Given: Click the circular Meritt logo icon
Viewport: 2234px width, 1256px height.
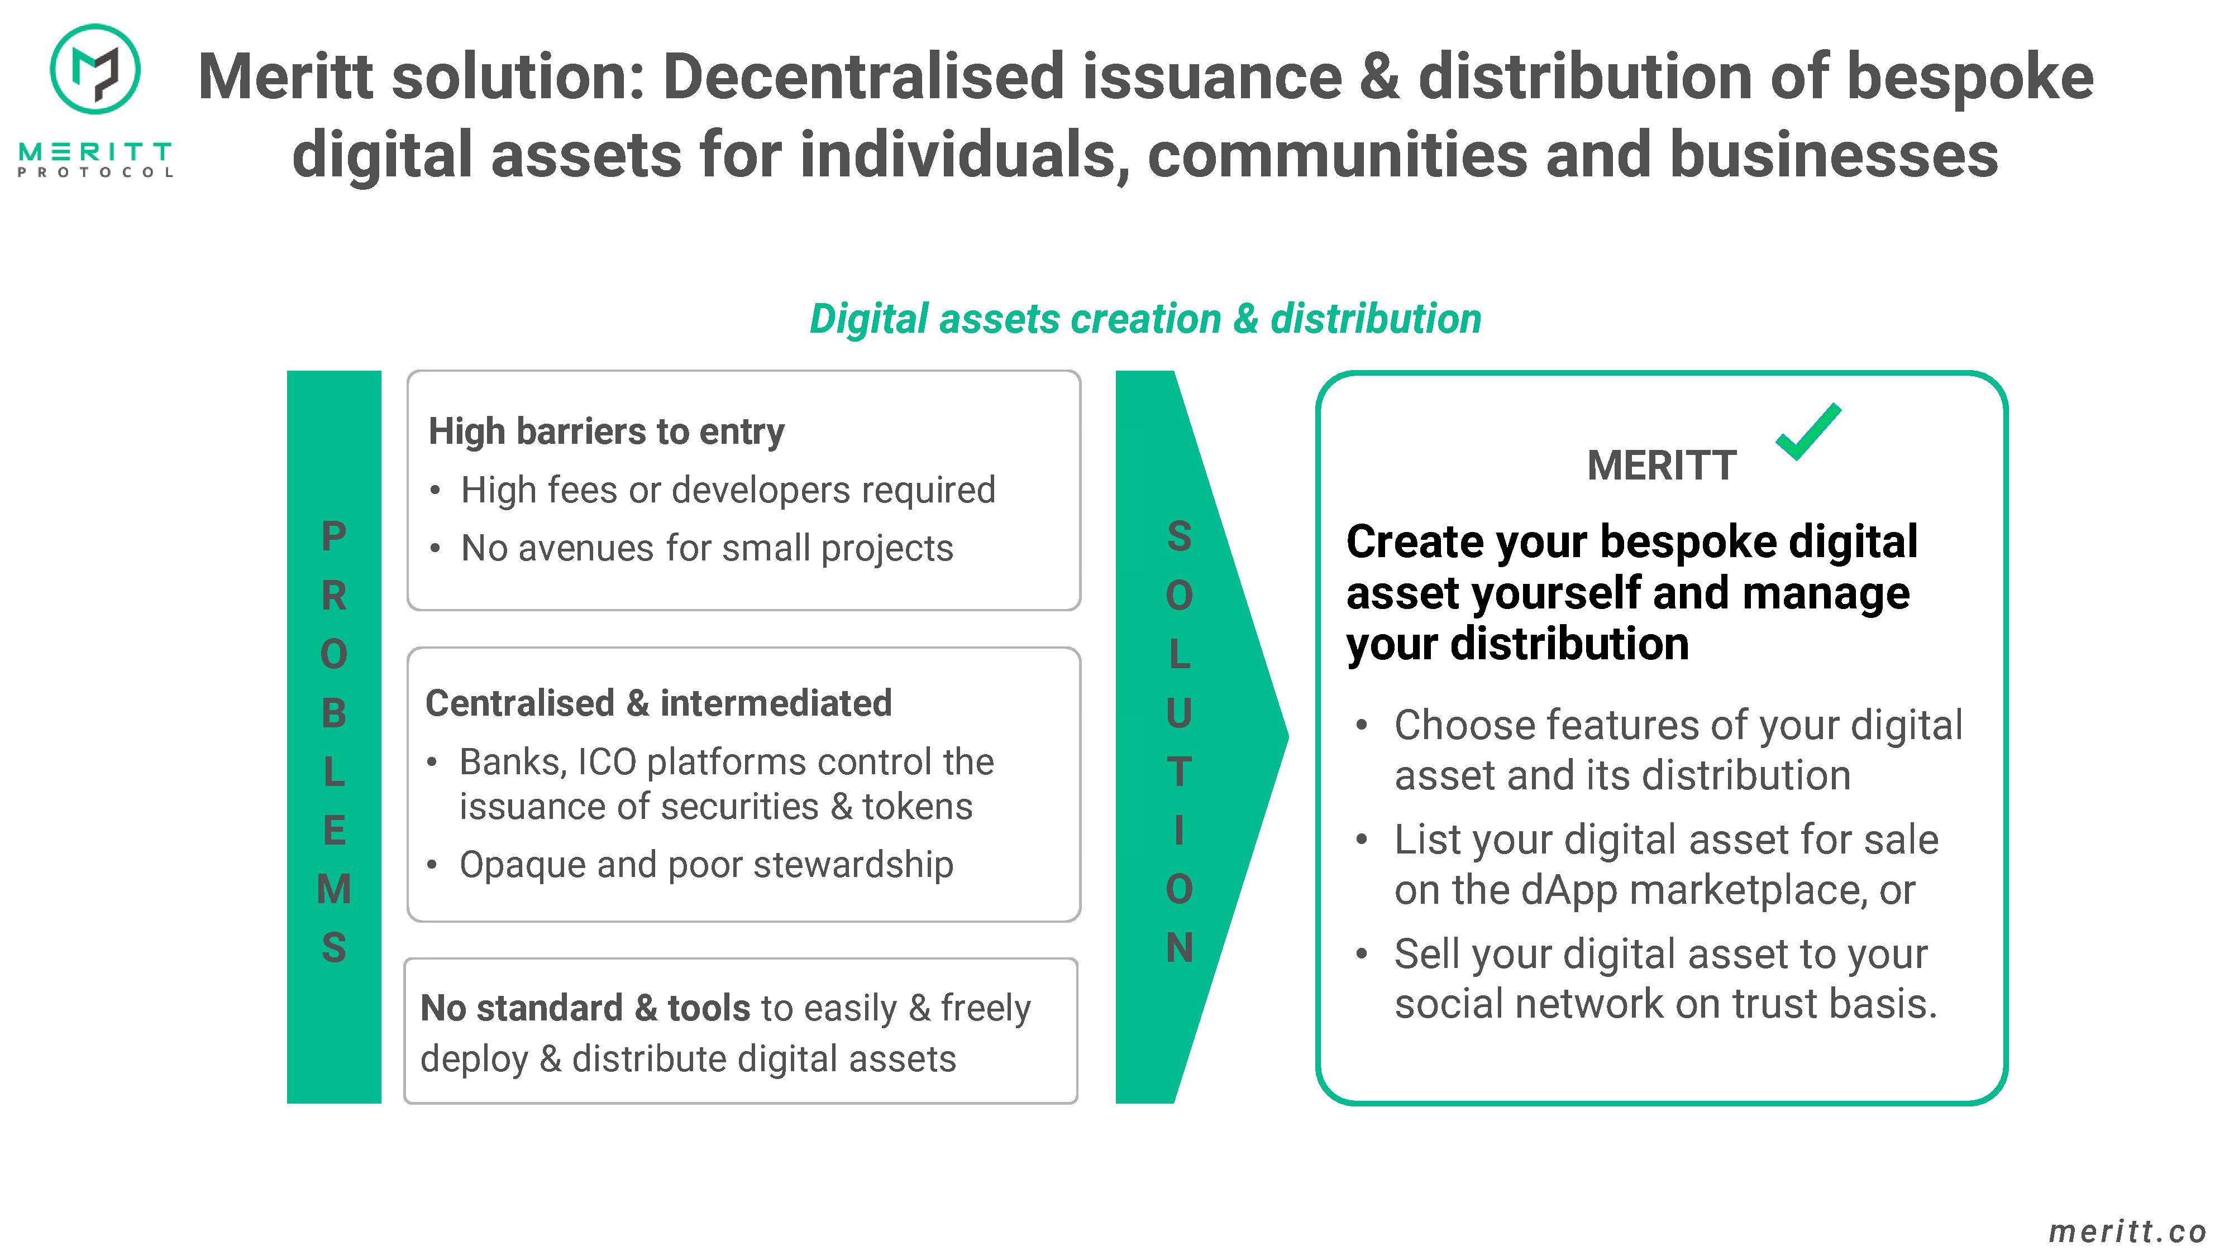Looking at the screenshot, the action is point(96,69).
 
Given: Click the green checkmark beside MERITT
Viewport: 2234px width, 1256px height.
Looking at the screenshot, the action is point(1808,432).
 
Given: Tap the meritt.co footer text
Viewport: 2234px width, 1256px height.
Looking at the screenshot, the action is point(2127,1231).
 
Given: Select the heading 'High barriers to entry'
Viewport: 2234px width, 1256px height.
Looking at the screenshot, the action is point(606,432).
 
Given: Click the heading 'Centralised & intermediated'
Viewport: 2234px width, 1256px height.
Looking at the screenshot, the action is point(658,703).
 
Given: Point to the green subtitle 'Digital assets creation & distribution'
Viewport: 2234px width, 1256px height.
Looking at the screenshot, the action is point(1145,319).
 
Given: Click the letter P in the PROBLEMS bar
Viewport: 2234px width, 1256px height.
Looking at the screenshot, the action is point(334,536).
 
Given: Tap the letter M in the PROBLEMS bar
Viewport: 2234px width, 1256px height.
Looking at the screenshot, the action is point(334,889).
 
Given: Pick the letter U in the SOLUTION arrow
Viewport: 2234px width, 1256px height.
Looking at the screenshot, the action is point(1178,712).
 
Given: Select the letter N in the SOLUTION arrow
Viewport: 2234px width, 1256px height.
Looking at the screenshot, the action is point(1178,947).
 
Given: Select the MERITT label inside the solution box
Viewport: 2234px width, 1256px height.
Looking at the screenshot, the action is point(1662,466).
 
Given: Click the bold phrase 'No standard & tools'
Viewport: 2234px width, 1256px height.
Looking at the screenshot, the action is point(585,1008).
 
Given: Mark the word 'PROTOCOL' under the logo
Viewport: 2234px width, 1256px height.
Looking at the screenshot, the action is point(96,171).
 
